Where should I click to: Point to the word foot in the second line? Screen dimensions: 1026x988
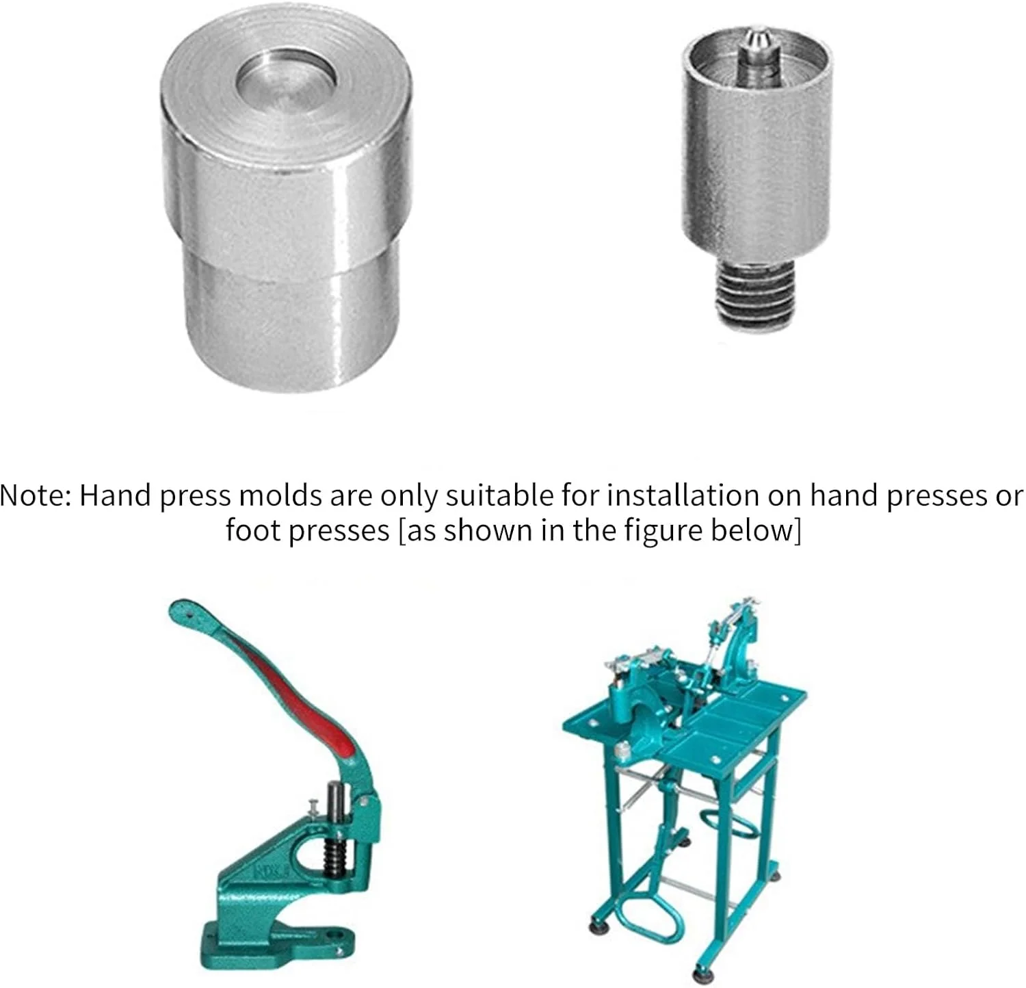click(x=253, y=530)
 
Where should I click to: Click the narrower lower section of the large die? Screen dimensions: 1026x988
click(x=293, y=328)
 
